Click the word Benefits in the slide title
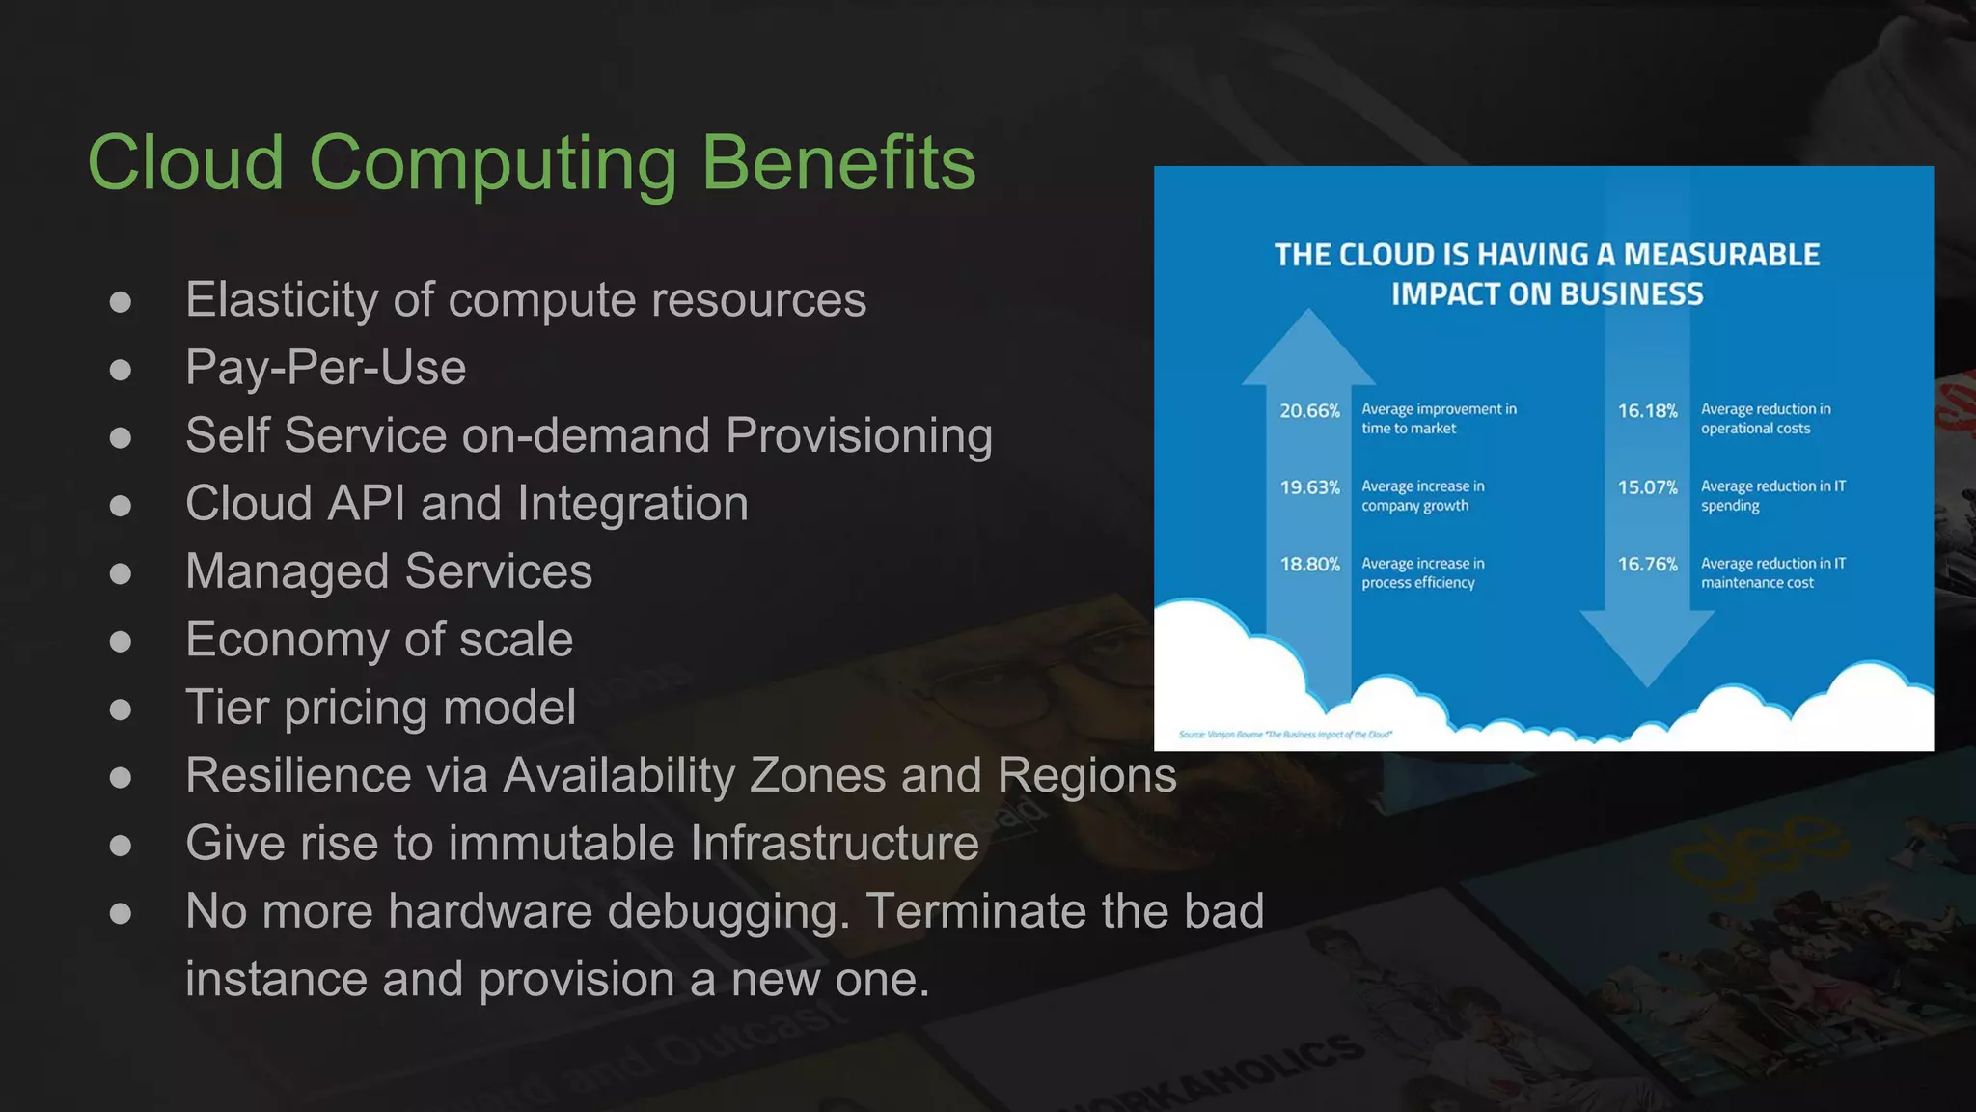(837, 162)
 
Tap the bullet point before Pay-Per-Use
(121, 370)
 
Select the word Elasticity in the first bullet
(283, 300)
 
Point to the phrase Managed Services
(389, 571)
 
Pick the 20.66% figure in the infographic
(1309, 411)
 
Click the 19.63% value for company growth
(1309, 487)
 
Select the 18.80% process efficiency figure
(1309, 564)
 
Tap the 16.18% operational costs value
(1647, 411)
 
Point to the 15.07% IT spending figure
(1647, 487)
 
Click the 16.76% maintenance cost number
(1647, 564)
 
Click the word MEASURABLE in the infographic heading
(1721, 255)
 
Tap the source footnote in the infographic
(1285, 735)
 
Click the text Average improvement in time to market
(1438, 419)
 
